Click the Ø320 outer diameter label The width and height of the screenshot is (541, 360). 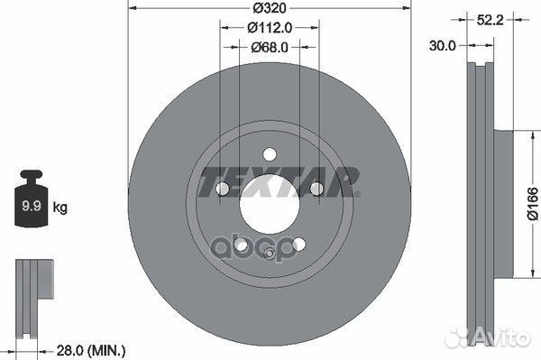[270, 9]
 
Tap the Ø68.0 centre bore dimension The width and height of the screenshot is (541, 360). [270, 46]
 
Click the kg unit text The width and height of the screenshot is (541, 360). [60, 208]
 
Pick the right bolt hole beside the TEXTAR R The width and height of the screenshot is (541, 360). [317, 189]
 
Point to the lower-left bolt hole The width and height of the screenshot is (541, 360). [240, 245]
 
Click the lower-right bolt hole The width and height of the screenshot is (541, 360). [299, 245]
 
